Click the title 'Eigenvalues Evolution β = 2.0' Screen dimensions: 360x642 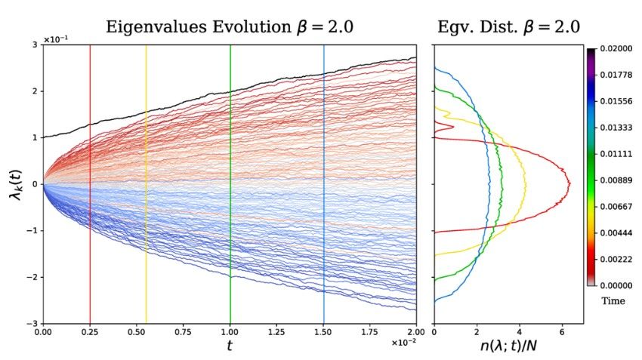tap(230, 28)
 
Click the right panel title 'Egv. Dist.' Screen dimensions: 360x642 tap(508, 28)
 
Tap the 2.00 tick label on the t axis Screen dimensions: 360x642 tap(416, 331)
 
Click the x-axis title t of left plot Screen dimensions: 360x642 tap(230, 346)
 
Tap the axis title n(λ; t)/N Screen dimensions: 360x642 tap(508, 346)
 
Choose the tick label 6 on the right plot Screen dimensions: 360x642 tap(561, 331)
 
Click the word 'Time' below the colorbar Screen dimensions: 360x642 tap(613, 301)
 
